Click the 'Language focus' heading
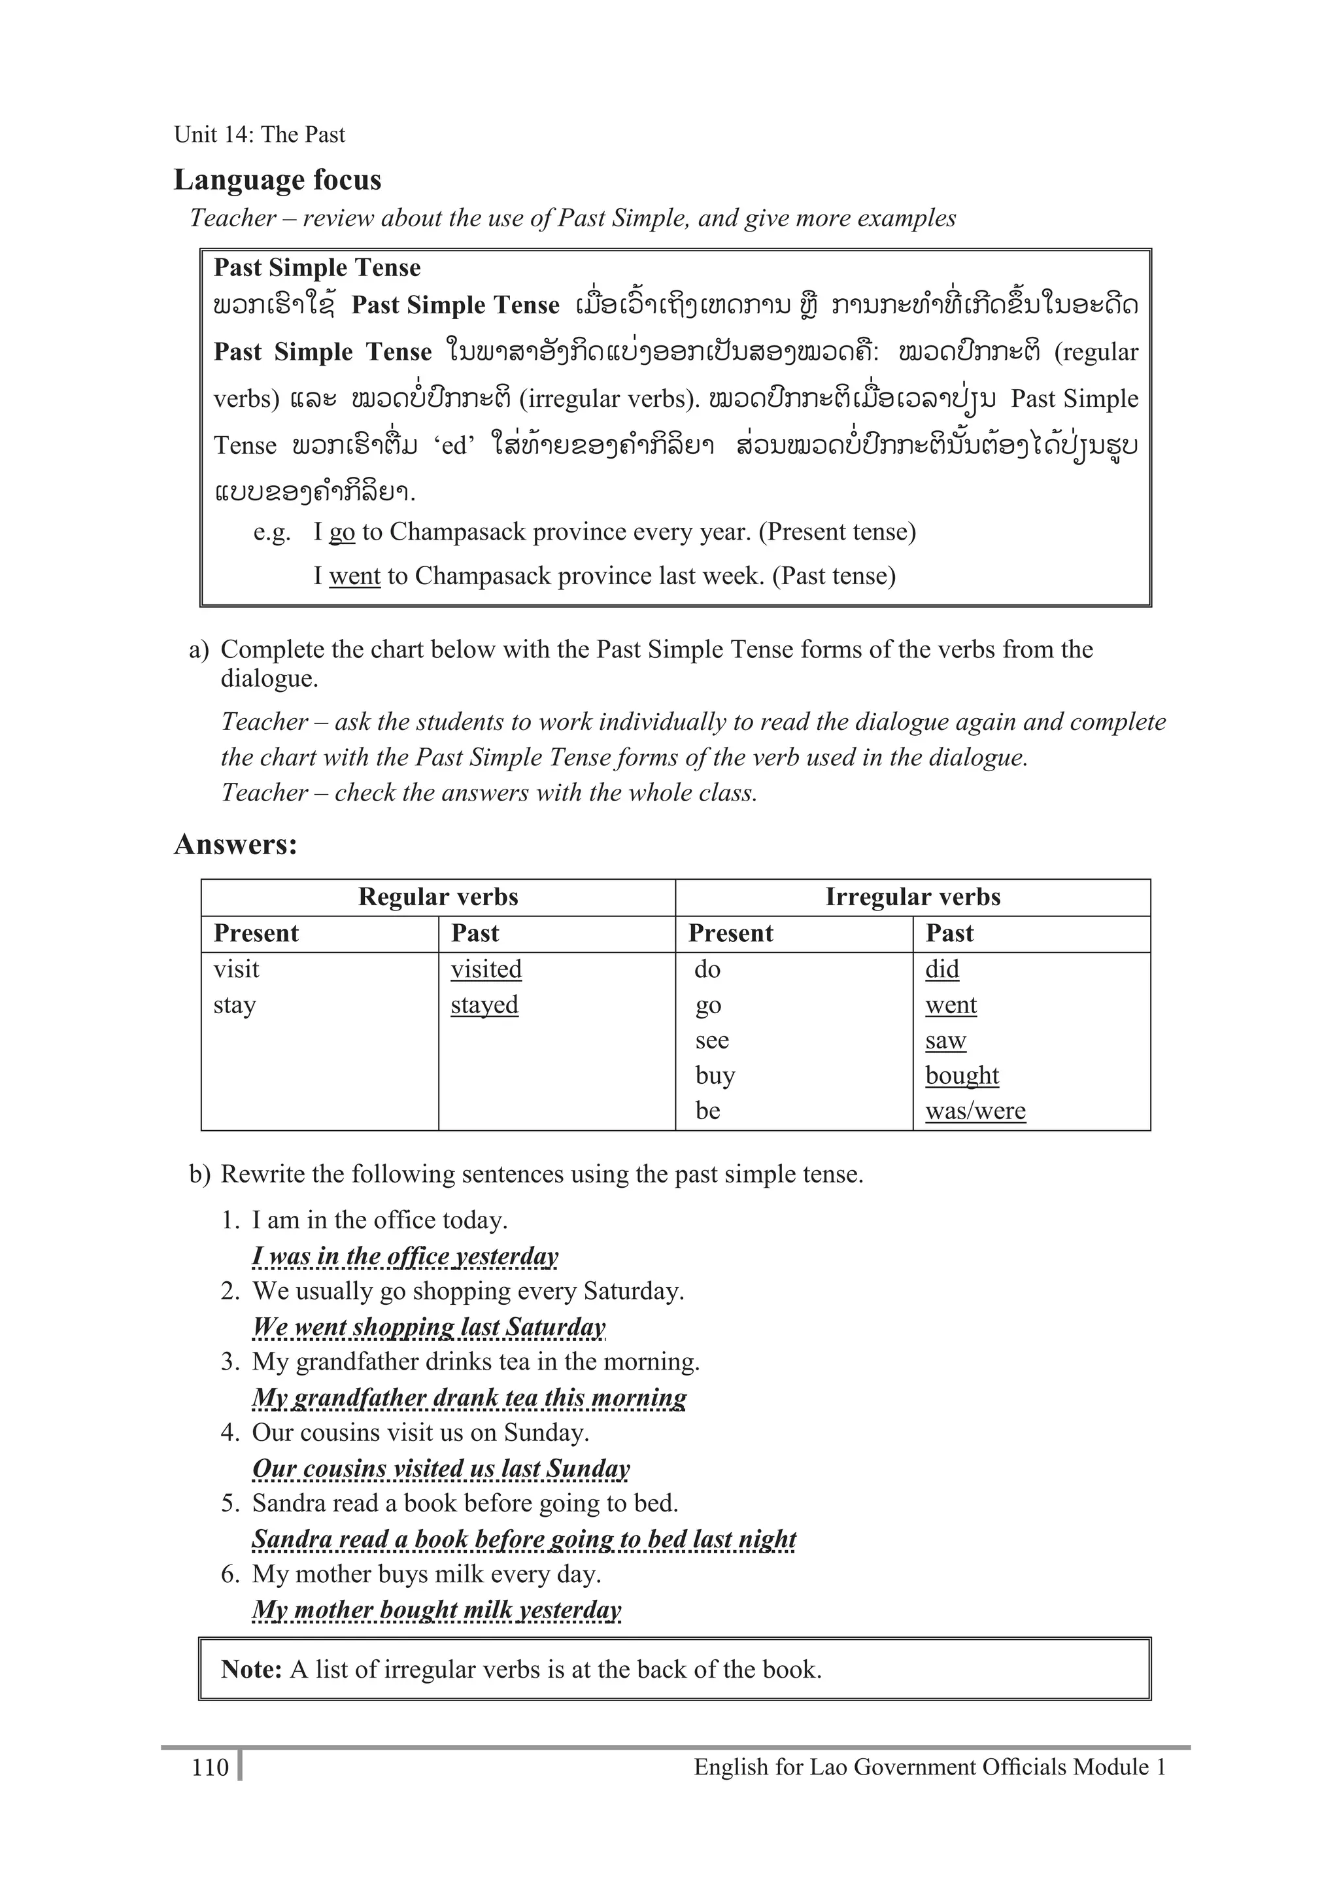pyautogui.click(x=277, y=180)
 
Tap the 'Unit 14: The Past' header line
pyautogui.click(x=259, y=134)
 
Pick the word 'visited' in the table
pyautogui.click(x=486, y=969)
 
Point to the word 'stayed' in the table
pyautogui.click(x=484, y=1004)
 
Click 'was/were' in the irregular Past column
pyautogui.click(x=975, y=1110)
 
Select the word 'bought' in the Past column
pyautogui.click(x=961, y=1075)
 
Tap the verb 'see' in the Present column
pyautogui.click(x=711, y=1040)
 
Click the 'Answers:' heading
pyautogui.click(x=235, y=844)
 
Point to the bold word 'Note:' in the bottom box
pyautogui.click(x=252, y=1669)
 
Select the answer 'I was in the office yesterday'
pyautogui.click(x=405, y=1256)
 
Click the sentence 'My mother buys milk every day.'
pyautogui.click(x=426, y=1574)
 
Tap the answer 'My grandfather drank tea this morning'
pyautogui.click(x=469, y=1398)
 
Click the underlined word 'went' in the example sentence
pyautogui.click(x=354, y=576)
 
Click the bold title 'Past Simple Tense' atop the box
pyautogui.click(x=317, y=268)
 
